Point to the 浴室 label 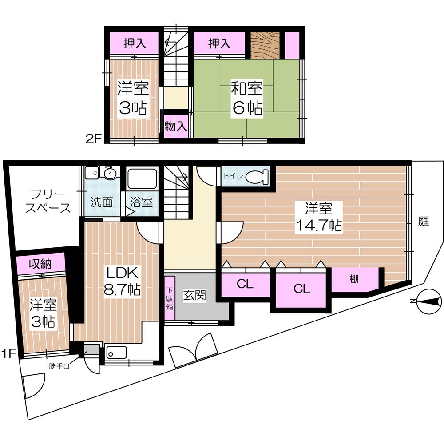(141, 202)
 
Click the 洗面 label (102, 202)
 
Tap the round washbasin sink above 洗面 (108, 173)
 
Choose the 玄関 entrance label (194, 295)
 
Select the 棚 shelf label (353, 279)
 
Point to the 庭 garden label (424, 222)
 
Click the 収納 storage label (40, 264)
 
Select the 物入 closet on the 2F (176, 126)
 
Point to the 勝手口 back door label (59, 366)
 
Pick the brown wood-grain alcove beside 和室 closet (265, 45)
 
